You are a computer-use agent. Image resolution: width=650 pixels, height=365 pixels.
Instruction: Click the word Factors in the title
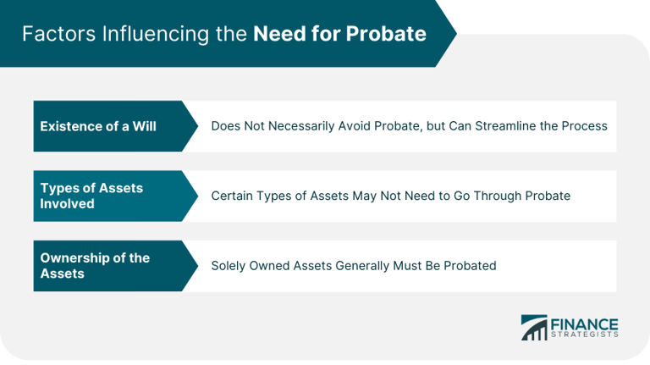(x=56, y=35)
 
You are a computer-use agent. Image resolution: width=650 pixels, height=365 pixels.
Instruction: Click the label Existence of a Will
(x=98, y=126)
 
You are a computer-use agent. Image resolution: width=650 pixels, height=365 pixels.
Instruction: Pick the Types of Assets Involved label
(x=91, y=196)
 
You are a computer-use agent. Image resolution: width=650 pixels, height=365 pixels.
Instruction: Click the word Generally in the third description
(x=374, y=266)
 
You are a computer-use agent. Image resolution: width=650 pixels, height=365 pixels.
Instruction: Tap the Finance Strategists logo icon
(x=534, y=328)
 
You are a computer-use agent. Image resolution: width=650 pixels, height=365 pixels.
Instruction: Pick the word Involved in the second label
(x=67, y=204)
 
